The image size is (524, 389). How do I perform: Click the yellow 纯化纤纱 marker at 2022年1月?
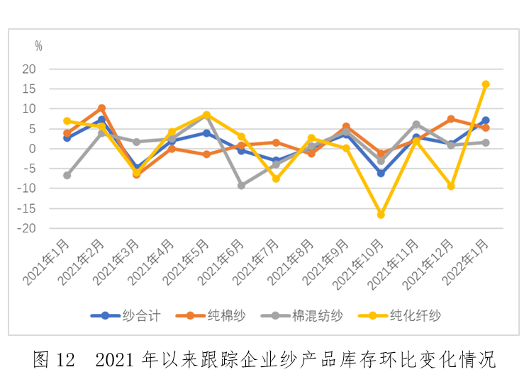pyautogui.click(x=486, y=84)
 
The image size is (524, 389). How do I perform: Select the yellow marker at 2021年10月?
pyautogui.click(x=381, y=215)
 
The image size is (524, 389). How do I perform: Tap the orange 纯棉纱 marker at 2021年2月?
pyautogui.click(x=102, y=108)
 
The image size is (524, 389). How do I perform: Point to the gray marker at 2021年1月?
pyautogui.click(x=67, y=175)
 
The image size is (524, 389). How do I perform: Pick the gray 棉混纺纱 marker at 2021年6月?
pyautogui.click(x=241, y=186)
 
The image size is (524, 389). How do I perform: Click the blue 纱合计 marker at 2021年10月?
pyautogui.click(x=381, y=173)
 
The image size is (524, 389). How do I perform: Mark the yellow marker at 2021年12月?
pyautogui.click(x=451, y=186)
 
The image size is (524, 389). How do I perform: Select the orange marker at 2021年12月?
pyautogui.click(x=451, y=119)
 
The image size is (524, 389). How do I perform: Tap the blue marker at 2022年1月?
pyautogui.click(x=486, y=120)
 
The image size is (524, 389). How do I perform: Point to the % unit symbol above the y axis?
pyautogui.click(x=38, y=47)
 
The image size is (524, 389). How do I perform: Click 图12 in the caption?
pyautogui.click(x=54, y=359)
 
